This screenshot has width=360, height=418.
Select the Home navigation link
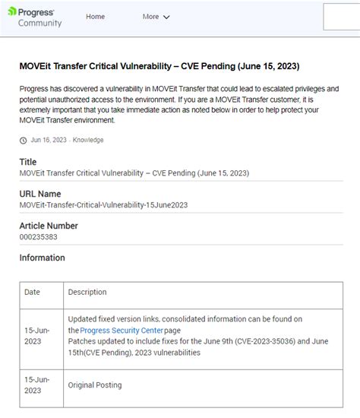coord(96,17)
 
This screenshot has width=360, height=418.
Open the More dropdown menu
coord(156,17)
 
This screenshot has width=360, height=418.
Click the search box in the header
coord(341,17)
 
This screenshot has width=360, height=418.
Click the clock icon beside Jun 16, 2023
coord(23,140)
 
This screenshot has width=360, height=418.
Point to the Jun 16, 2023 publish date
coord(49,140)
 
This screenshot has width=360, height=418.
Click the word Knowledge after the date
coord(88,140)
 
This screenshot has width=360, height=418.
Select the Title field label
coord(28,162)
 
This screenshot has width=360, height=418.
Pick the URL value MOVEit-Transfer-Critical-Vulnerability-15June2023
coord(103,205)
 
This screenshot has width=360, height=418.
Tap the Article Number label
coord(49,226)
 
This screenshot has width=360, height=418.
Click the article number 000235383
coord(38,237)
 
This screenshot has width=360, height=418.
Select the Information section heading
coord(43,258)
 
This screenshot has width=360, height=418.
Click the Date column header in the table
coord(33,292)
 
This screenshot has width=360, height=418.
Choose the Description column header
coord(87,292)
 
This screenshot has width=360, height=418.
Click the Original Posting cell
coord(95,385)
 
